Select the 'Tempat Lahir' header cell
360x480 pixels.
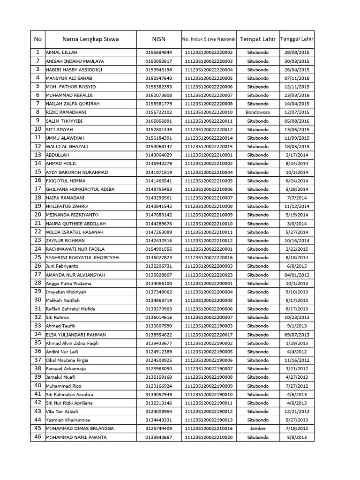coord(258,39)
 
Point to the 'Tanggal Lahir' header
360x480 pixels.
coord(297,39)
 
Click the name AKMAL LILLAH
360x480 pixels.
coord(61,52)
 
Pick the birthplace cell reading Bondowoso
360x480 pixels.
coord(258,112)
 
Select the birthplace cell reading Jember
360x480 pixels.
coord(258,428)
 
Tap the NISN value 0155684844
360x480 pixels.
coord(158,52)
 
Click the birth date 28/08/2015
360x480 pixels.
coord(297,52)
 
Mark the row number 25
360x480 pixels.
coord(37,257)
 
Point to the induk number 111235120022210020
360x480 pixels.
coord(209,437)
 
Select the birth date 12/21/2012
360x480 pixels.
coord(297,412)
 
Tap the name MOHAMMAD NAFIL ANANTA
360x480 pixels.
coord(76,437)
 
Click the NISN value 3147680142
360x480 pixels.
coord(158,215)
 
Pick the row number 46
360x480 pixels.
coord(37,437)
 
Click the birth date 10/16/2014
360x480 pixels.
coord(297,240)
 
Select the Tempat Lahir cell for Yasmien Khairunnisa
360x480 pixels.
coord(258,420)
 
